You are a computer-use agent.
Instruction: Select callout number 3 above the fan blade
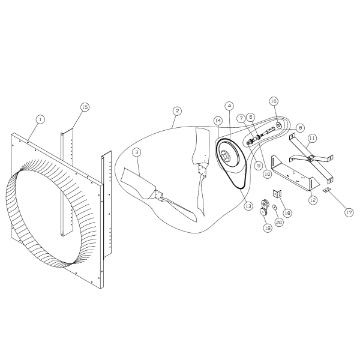138,151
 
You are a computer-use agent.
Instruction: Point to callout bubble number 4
229,105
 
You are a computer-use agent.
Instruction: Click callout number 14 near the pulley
216,121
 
